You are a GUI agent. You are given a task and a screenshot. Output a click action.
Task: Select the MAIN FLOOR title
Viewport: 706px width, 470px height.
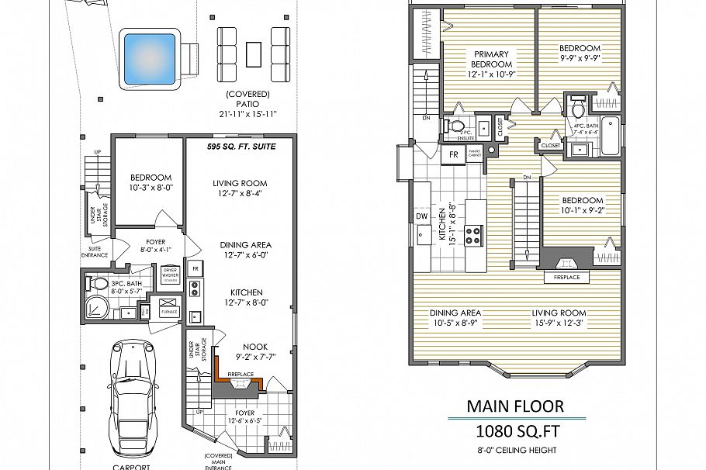coord(515,406)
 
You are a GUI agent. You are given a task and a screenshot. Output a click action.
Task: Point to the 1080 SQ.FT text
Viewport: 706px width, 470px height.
coord(515,431)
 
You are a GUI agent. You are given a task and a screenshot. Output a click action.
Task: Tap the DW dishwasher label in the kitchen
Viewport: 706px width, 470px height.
coord(421,216)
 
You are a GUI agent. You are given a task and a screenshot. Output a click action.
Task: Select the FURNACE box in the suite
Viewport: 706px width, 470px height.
coord(169,306)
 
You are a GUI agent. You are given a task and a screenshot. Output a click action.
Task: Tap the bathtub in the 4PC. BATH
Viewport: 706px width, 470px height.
coord(612,133)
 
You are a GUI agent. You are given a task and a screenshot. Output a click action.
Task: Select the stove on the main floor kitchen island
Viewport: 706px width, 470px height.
coord(472,234)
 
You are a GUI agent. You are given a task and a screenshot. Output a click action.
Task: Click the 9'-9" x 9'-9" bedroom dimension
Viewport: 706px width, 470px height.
coord(580,57)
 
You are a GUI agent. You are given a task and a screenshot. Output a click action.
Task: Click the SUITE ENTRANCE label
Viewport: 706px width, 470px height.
coord(94,253)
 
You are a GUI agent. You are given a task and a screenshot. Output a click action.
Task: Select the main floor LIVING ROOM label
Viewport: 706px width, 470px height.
coord(558,313)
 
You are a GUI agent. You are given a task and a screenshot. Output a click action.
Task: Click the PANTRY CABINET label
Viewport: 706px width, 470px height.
coord(473,151)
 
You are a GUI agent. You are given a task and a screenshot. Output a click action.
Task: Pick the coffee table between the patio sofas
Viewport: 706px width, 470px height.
coord(254,54)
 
